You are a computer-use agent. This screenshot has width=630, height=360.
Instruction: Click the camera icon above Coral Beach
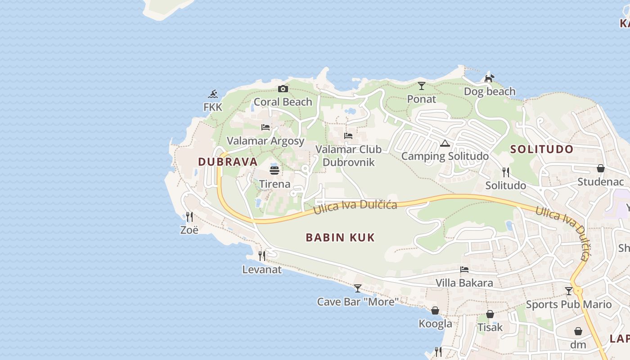(283, 89)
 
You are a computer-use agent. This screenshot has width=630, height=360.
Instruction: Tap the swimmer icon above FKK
(213, 94)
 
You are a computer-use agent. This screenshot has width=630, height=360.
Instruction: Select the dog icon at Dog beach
(489, 78)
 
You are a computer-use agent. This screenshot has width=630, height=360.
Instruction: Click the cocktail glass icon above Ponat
(421, 85)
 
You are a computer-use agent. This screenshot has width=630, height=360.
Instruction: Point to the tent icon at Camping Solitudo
(445, 144)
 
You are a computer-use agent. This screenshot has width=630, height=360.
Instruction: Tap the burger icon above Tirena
(274, 170)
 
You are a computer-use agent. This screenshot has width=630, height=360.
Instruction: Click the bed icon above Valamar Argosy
(265, 127)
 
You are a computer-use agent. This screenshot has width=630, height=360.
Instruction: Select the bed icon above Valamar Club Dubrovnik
(348, 135)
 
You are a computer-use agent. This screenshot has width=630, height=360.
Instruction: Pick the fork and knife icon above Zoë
(189, 217)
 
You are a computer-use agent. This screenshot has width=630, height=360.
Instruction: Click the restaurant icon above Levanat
(262, 256)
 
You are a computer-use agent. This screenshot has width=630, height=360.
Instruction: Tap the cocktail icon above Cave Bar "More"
(358, 288)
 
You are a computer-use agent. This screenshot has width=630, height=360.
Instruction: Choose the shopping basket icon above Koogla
(435, 310)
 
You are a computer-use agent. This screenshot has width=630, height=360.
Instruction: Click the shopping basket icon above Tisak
(490, 314)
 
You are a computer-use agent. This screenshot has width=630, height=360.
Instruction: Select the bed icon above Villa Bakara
(464, 270)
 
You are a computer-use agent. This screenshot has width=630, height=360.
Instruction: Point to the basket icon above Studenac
(600, 168)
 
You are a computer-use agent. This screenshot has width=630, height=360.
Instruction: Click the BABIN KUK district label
(340, 238)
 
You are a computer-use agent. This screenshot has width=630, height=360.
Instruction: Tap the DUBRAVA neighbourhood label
(228, 162)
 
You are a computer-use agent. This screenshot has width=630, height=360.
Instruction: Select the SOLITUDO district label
(542, 149)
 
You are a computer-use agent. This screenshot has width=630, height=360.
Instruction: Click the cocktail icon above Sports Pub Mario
(569, 291)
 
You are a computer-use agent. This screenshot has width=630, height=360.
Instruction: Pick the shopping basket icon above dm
(578, 332)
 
